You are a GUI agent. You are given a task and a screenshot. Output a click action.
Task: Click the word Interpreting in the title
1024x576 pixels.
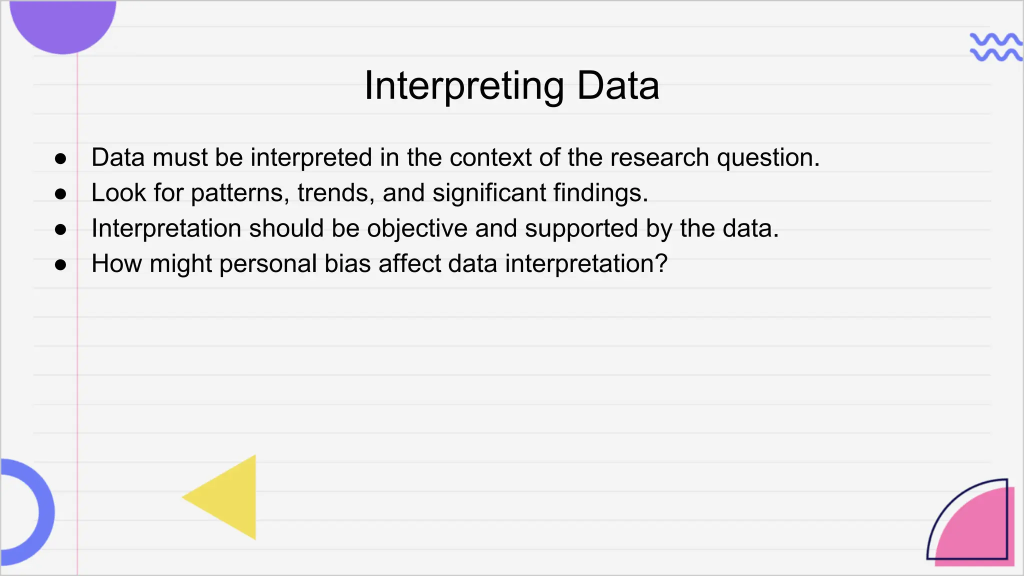(464, 86)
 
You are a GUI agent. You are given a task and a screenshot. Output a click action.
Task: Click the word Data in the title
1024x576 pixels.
(618, 86)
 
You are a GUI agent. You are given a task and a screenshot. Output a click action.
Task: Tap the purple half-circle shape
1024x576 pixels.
(63, 22)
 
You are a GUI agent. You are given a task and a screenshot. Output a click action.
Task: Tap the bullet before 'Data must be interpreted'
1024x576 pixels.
(60, 159)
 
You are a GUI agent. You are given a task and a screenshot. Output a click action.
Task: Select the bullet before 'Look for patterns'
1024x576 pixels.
(60, 194)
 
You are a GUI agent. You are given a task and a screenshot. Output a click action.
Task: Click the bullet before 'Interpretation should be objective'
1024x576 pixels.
(60, 229)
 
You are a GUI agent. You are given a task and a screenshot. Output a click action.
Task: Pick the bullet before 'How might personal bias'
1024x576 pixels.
(60, 264)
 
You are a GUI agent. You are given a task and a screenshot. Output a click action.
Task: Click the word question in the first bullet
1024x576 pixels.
(767, 158)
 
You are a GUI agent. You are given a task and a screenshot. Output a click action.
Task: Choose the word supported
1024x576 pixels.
(581, 229)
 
